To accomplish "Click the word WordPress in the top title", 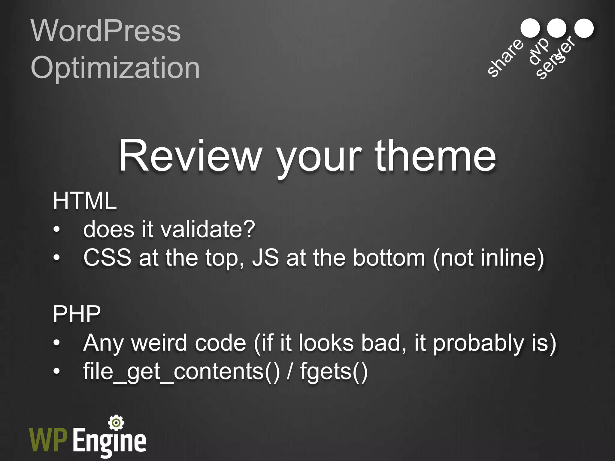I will tap(106, 31).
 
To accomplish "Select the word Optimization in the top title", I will tap(115, 68).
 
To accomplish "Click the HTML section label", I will tap(85, 201).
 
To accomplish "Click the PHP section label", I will tap(77, 314).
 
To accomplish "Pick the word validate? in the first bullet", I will tap(208, 229).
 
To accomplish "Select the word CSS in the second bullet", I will tap(107, 258).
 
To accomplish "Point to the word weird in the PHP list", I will tap(159, 343).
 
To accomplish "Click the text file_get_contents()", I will tap(181, 372).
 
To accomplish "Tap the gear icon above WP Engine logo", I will tap(116, 423).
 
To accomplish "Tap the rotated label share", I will tap(505, 58).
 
